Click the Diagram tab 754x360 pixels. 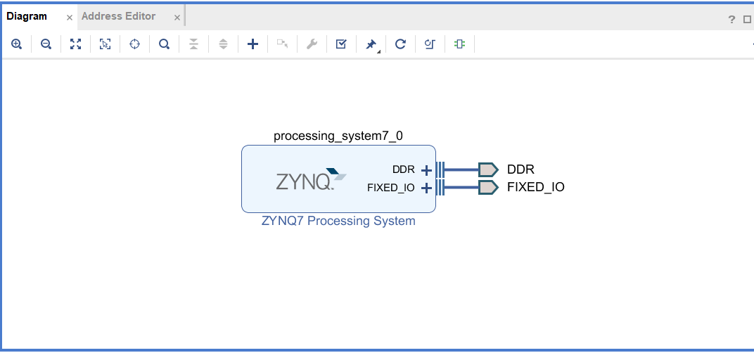(x=27, y=16)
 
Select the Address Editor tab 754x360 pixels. (x=118, y=16)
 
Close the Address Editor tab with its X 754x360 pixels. (x=177, y=17)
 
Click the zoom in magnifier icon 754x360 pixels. (x=17, y=44)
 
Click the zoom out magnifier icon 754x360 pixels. (x=46, y=44)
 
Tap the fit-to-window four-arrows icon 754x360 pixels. (x=76, y=44)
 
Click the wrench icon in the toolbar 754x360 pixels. (x=312, y=44)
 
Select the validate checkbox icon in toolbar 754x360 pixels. (x=341, y=44)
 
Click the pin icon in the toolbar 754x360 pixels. (x=371, y=44)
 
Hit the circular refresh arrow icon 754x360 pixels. (x=400, y=44)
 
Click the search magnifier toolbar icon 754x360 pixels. (x=164, y=44)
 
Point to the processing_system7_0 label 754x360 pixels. (x=338, y=136)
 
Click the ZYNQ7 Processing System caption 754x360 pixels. (x=338, y=221)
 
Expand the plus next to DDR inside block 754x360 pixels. (x=426, y=169)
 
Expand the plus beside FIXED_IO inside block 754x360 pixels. (x=426, y=188)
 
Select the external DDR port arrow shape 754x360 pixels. (x=487, y=169)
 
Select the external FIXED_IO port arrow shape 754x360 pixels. (x=487, y=187)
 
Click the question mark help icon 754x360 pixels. (x=731, y=20)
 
